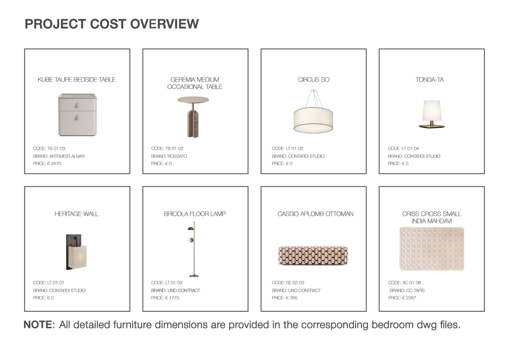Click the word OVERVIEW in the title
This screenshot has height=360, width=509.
(164, 24)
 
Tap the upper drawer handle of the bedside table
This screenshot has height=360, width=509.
(77, 106)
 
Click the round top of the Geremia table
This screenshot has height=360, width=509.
(193, 99)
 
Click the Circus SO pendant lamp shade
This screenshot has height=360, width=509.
(313, 120)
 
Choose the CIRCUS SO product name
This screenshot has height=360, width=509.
(314, 79)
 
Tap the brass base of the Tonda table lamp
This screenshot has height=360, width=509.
(432, 126)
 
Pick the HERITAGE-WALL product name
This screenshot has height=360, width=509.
(77, 214)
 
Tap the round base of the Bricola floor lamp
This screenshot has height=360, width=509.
(194, 276)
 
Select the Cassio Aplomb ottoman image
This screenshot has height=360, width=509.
(313, 256)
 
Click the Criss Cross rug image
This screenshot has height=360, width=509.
(432, 249)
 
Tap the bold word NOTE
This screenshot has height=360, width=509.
(38, 325)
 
